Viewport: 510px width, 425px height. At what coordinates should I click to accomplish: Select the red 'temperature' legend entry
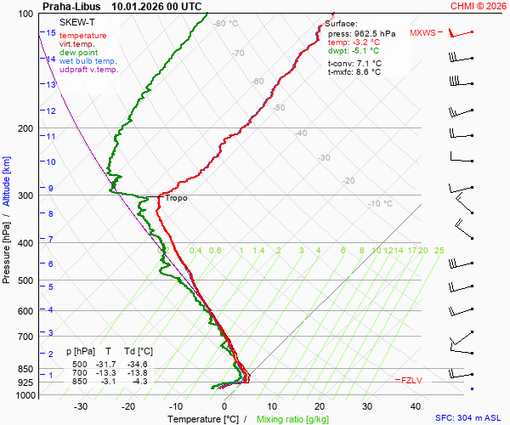(x=83, y=36)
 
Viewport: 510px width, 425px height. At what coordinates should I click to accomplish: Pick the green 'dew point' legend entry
(x=78, y=53)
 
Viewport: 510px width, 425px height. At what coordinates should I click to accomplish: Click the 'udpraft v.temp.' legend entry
(x=88, y=70)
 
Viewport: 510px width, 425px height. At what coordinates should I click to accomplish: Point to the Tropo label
(x=176, y=198)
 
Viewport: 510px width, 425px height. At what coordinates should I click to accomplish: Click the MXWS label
(x=422, y=33)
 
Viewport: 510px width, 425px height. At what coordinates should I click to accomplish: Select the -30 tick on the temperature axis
(x=81, y=406)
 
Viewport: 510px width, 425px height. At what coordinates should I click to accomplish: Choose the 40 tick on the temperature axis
(x=416, y=406)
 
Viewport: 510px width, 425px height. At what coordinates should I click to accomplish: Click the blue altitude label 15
(x=51, y=33)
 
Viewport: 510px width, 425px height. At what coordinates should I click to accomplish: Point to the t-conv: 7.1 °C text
(x=354, y=63)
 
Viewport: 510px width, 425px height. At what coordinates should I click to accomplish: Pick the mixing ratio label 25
(x=439, y=250)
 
